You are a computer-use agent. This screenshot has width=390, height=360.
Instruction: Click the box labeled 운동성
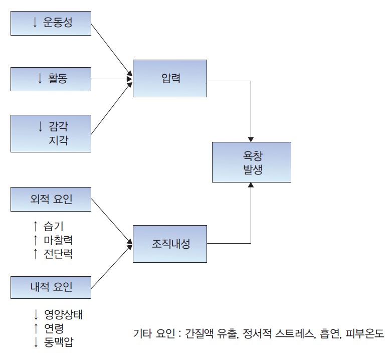coord(51,22)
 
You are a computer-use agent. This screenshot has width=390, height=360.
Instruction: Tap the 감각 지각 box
coord(51,133)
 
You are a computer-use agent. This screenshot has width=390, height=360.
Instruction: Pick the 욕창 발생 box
coord(251,162)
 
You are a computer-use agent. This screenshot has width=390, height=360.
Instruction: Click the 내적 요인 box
coord(51,287)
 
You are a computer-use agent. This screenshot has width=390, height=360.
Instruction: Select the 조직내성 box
coord(170,244)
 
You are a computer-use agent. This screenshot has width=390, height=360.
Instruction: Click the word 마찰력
coord(58,240)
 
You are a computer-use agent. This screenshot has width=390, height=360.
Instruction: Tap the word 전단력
coord(58,254)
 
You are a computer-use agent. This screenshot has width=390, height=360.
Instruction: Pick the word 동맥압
coord(58,342)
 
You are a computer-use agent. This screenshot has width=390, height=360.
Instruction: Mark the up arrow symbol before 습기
coord(35,227)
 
